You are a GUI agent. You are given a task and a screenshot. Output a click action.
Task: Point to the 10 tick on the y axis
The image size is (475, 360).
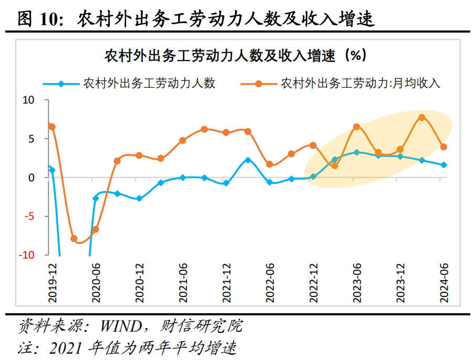coord(28,100)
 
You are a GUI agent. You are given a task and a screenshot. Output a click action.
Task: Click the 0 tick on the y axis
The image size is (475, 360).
coord(31,178)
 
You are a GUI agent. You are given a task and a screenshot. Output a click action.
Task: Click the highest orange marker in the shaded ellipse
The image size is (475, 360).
coord(422,118)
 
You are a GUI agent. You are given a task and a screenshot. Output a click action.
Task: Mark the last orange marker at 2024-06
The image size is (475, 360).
coord(443,147)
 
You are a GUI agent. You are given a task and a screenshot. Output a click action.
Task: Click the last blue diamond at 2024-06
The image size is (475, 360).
coord(443,165)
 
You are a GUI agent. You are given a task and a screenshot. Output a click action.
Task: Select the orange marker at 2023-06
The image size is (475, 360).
coord(356,127)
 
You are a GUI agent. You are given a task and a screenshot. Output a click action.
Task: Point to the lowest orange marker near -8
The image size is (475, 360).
coord(74,239)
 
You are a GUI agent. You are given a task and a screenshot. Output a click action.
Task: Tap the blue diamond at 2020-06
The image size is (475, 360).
coord(96,198)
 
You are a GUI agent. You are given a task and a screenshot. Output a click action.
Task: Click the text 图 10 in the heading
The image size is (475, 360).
coord(37,19)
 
